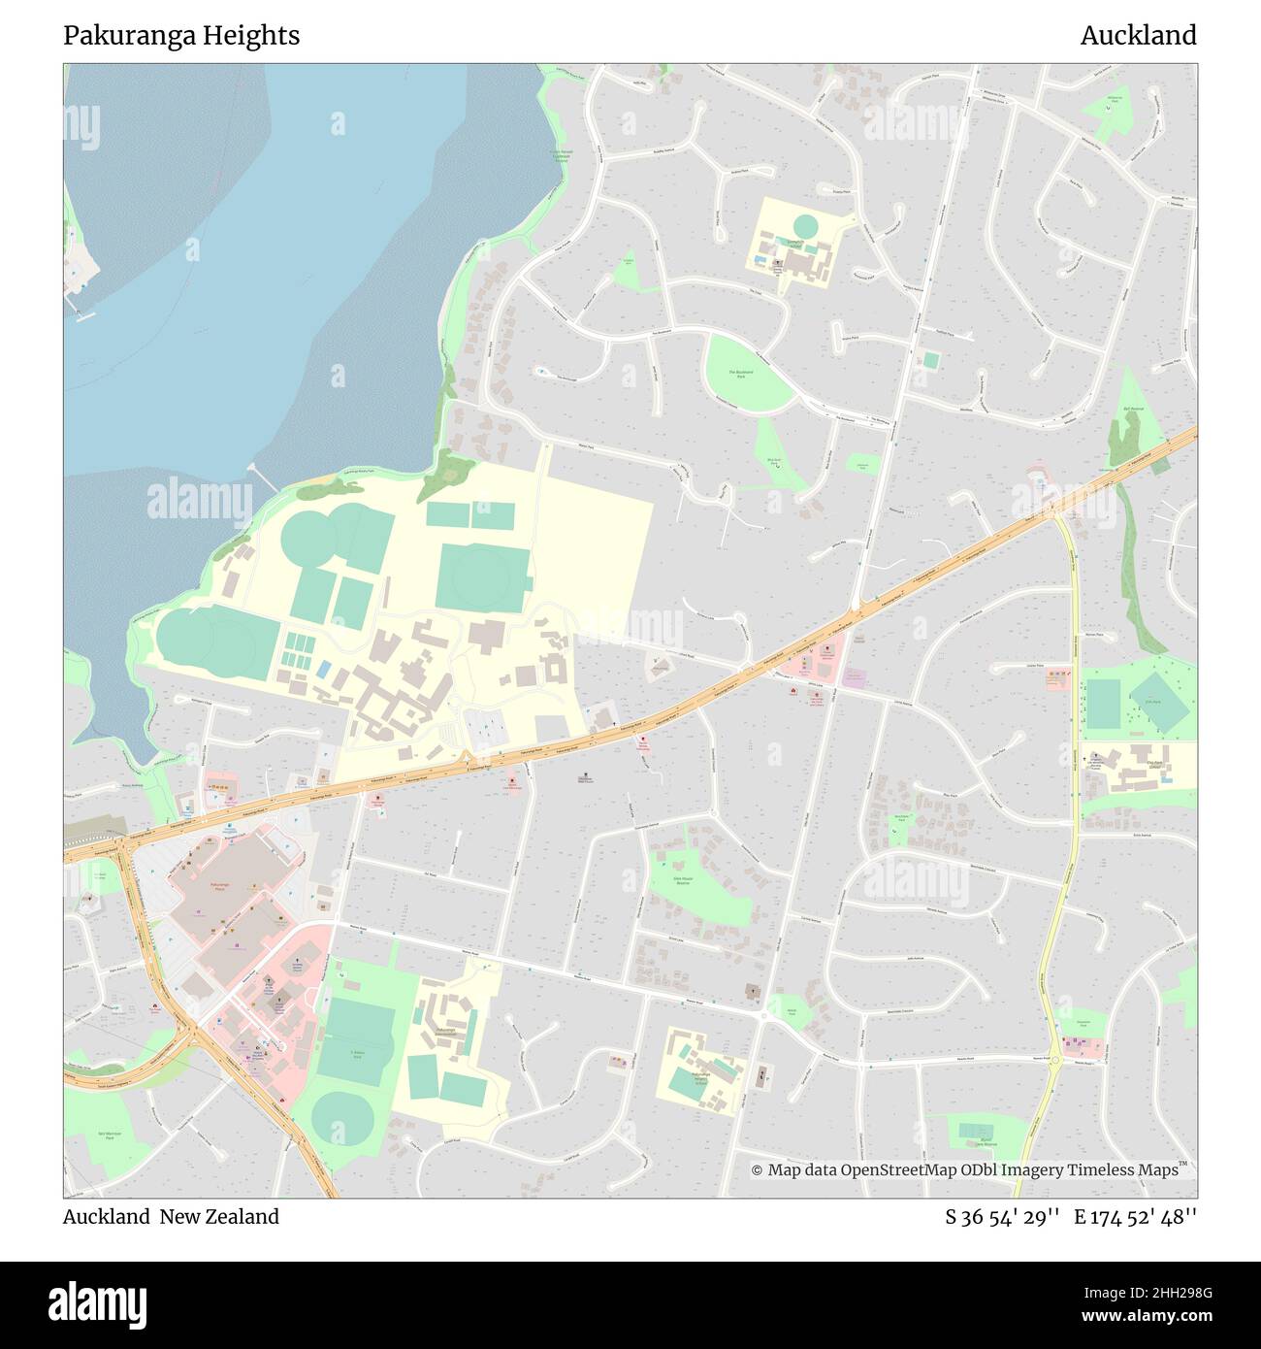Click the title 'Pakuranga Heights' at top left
click(181, 36)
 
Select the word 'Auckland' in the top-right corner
click(1138, 36)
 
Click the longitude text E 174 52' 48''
click(1135, 1217)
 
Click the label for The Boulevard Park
click(741, 374)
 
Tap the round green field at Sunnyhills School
click(805, 227)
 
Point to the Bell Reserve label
click(1133, 409)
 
